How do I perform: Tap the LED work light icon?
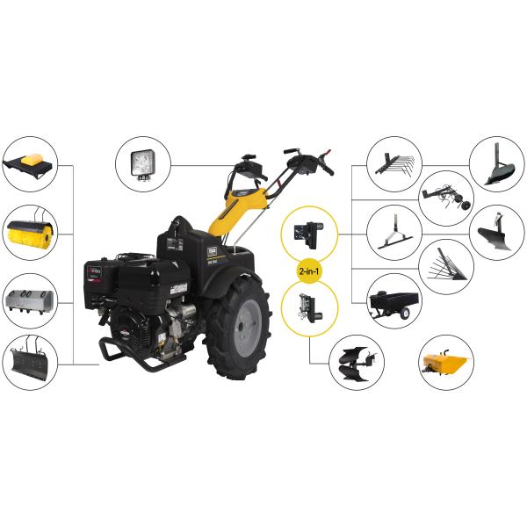coord(142,163)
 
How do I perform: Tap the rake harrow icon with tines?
coord(392,163)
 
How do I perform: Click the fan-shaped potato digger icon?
coord(447,267)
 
